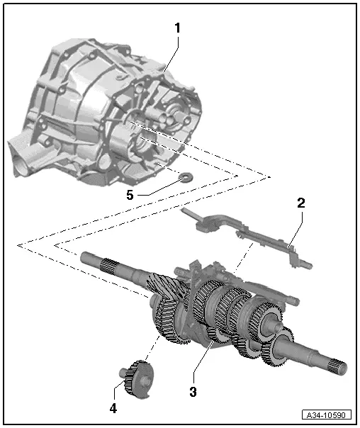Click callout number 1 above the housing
[177, 28]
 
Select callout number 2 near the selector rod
[300, 203]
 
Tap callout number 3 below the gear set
[193, 390]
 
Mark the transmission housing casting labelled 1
[106, 113]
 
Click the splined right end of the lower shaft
[337, 368]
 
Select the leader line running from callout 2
[296, 227]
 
